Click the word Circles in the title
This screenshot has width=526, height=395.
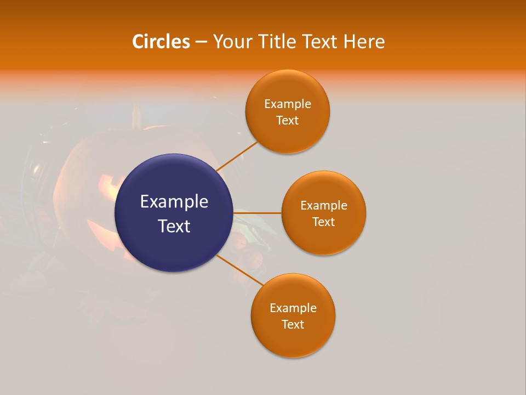pyautogui.click(x=161, y=42)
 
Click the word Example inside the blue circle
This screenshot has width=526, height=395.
pyautogui.click(x=174, y=202)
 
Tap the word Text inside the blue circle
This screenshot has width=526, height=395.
pyautogui.click(x=174, y=226)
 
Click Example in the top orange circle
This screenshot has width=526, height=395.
pyautogui.click(x=288, y=104)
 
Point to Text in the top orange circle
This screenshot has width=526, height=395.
pyautogui.click(x=288, y=121)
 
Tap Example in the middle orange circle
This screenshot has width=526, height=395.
pyautogui.click(x=324, y=206)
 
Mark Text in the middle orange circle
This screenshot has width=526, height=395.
pyautogui.click(x=324, y=222)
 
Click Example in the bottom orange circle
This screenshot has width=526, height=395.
pyautogui.click(x=293, y=308)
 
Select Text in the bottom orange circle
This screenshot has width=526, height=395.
pyautogui.click(x=293, y=325)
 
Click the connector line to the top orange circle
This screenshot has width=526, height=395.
pyautogui.click(x=237, y=156)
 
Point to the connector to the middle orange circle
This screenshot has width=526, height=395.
pyautogui.click(x=258, y=213)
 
